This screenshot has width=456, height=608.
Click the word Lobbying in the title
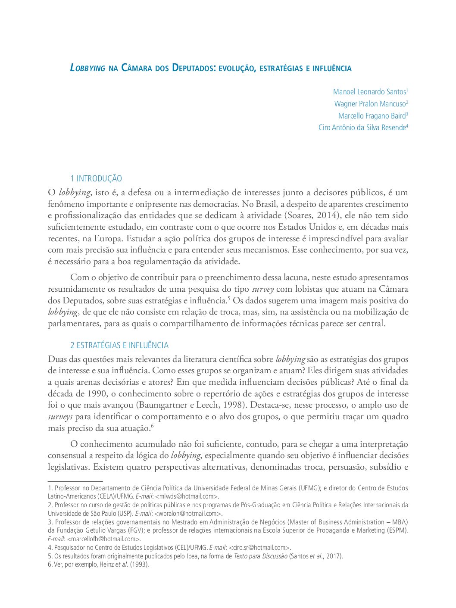(87, 68)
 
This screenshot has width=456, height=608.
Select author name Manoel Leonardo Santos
(369, 92)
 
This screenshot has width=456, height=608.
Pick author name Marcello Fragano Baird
(372, 116)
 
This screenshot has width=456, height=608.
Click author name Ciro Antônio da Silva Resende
(362, 128)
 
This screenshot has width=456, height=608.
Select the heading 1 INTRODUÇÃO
(96, 178)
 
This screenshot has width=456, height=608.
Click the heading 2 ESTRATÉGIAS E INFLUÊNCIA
(119, 345)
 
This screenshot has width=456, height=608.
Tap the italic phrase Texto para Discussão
(260, 556)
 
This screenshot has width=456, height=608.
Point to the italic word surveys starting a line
(60, 417)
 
